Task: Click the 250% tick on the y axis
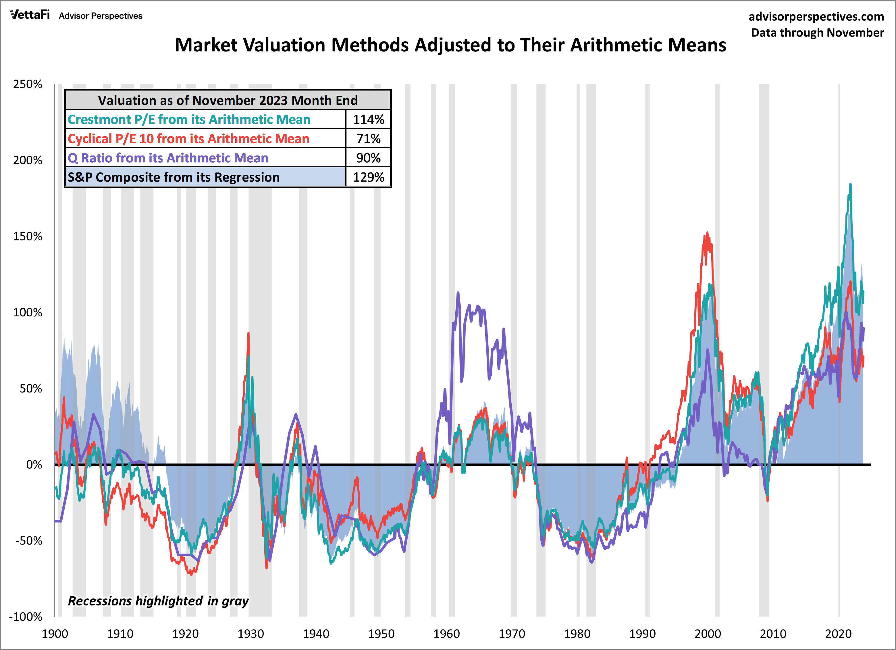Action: click(28, 84)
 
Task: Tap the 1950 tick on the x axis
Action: click(381, 634)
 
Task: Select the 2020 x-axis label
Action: click(838, 634)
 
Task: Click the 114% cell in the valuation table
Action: click(368, 119)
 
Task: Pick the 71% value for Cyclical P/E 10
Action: click(368, 139)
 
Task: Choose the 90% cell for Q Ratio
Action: click(368, 158)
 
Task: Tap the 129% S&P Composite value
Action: click(368, 177)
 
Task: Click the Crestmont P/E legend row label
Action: click(189, 119)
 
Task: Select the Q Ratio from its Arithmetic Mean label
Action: click(168, 158)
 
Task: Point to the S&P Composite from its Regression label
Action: click(174, 177)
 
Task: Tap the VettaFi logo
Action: click(30, 15)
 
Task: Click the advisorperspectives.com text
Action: click(816, 17)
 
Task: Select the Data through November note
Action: click(817, 32)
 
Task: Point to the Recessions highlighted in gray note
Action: click(158, 601)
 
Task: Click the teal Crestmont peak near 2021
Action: click(851, 184)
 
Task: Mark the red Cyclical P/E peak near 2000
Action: click(707, 233)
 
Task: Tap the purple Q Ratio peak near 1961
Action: click(458, 293)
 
